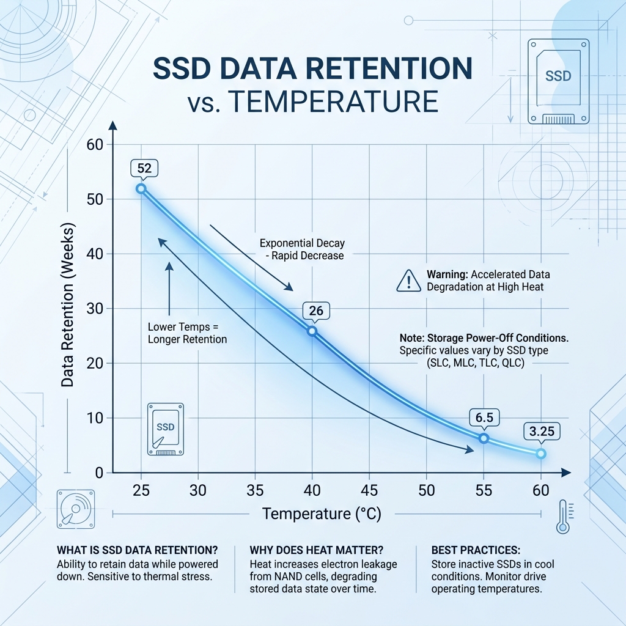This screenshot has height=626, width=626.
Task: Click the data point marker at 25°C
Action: click(x=141, y=188)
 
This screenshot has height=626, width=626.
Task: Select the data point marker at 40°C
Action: click(x=312, y=331)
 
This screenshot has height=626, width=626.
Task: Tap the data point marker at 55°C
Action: click(x=484, y=438)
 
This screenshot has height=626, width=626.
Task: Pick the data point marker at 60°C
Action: click(x=541, y=454)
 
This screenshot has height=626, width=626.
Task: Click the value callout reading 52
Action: click(x=144, y=169)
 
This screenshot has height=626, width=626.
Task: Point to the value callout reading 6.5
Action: click(x=484, y=418)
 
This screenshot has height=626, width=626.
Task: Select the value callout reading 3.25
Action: click(x=542, y=432)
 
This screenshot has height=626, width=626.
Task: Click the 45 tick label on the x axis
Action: click(x=369, y=490)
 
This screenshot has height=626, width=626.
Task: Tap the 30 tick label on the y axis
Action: click(x=95, y=309)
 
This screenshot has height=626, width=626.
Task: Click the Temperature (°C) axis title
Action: click(x=322, y=514)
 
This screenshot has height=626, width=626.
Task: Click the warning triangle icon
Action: click(x=409, y=281)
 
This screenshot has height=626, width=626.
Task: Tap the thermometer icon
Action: click(x=563, y=516)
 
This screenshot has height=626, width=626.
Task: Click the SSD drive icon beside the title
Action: click(x=558, y=81)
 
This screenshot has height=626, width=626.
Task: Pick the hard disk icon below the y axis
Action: click(x=76, y=509)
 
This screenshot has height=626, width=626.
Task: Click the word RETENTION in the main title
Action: click(x=389, y=68)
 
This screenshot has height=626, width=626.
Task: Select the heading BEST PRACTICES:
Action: click(x=476, y=550)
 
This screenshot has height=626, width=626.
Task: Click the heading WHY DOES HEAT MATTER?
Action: click(x=316, y=550)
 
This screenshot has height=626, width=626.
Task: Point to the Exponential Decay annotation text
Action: click(x=302, y=249)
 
